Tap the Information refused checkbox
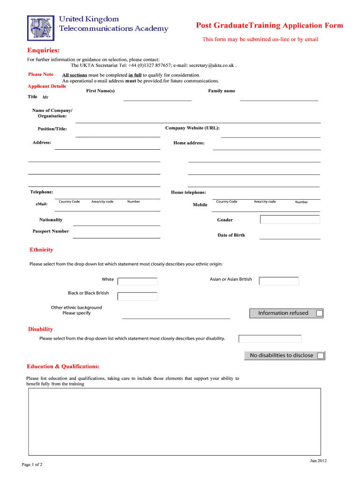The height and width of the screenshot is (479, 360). [319, 313]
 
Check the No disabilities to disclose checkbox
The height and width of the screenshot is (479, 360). [320, 356]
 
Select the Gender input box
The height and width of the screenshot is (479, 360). [290, 219]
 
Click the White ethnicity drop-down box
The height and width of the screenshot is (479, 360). [137, 281]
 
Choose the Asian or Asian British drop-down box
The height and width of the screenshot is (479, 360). [279, 281]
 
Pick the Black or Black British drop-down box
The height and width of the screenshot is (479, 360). [137, 296]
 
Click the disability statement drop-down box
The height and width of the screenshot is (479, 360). [270, 339]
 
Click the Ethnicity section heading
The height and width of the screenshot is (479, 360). [42, 250]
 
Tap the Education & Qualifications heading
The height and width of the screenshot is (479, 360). [63, 366]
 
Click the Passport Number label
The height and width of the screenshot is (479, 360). [50, 231]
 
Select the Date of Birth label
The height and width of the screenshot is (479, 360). [231, 235]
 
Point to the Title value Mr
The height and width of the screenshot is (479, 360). [45, 97]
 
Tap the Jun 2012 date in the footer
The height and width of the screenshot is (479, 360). [318, 461]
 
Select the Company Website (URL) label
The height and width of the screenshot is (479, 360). [192, 128]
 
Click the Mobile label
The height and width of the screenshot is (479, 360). [200, 205]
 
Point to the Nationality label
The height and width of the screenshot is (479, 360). [50, 220]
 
